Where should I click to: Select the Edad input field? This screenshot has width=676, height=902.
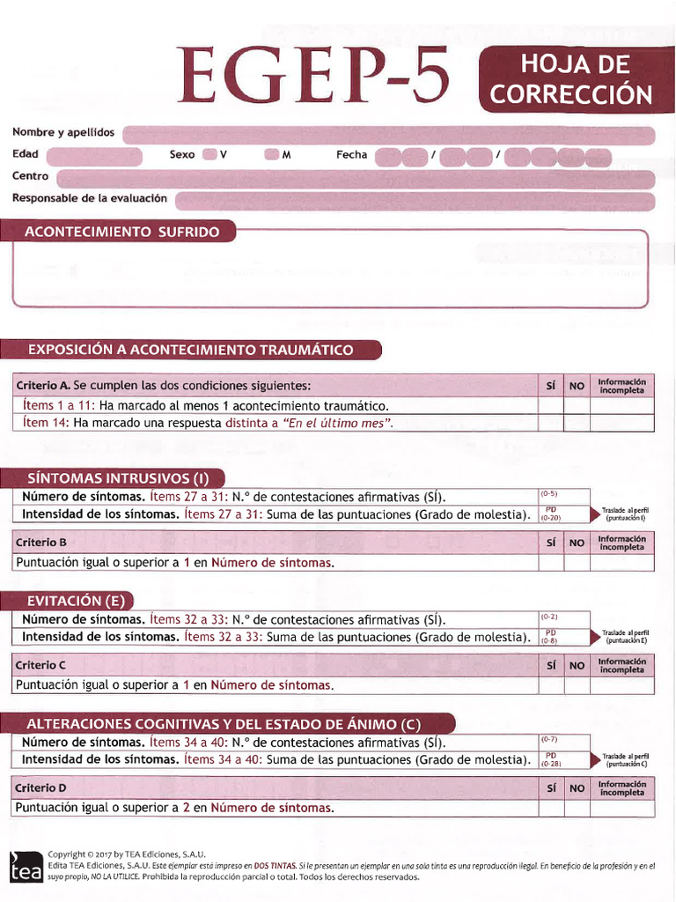click(94, 157)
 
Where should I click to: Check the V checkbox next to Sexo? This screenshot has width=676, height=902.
click(209, 155)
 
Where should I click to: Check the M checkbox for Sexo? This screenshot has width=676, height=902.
click(272, 155)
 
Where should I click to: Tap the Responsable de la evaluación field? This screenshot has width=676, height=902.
click(415, 201)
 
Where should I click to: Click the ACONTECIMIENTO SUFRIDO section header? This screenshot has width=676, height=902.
click(121, 232)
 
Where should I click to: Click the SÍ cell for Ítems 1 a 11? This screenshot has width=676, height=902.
click(550, 405)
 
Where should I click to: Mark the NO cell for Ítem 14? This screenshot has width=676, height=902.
click(577, 423)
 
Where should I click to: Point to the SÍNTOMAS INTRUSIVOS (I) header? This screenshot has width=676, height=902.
click(118, 478)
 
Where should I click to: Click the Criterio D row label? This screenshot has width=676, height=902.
click(40, 787)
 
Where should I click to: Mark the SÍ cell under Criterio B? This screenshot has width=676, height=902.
click(550, 562)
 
